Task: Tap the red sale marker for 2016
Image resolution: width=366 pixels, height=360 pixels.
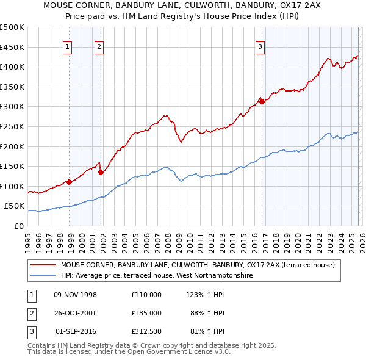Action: tap(262, 102)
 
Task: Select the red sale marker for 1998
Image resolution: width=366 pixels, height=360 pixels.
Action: tap(70, 182)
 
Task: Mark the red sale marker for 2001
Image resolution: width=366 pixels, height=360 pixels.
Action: tap(101, 172)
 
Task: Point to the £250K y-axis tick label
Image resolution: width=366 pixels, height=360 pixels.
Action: tap(12, 126)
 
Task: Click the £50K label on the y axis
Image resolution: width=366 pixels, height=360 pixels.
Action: tap(14, 206)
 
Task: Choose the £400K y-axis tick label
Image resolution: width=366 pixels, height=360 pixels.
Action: tap(12, 67)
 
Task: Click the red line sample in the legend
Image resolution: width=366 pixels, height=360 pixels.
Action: tap(43, 265)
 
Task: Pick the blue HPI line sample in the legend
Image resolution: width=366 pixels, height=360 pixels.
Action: tap(43, 276)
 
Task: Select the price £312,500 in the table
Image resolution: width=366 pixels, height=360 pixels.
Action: tap(146, 331)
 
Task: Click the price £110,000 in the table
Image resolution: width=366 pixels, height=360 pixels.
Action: tap(146, 295)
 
